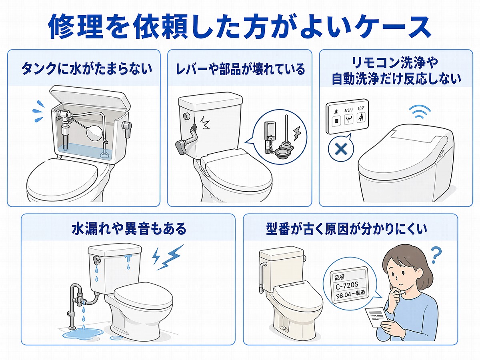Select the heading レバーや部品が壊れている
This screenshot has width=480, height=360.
point(240,69)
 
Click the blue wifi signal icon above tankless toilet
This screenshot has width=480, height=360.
point(419,112)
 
